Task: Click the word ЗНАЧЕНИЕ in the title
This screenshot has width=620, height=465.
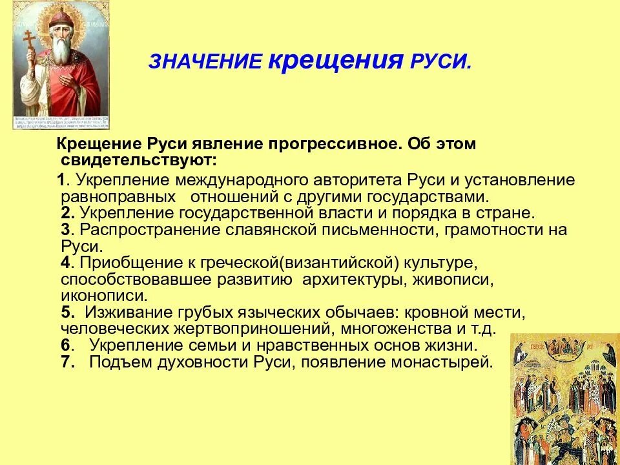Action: point(205,62)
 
